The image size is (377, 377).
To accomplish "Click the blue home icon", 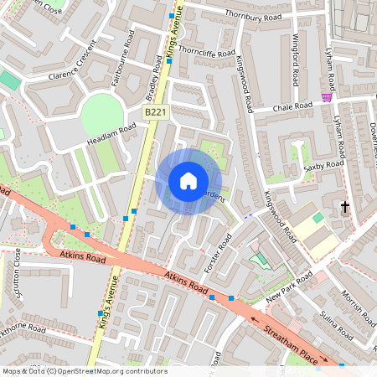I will [188, 180].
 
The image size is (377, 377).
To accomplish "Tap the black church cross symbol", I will [344, 206].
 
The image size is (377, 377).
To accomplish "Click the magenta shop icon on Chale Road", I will [327, 97].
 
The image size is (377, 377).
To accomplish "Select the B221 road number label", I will [154, 111].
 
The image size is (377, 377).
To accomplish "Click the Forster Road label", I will [218, 252].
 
